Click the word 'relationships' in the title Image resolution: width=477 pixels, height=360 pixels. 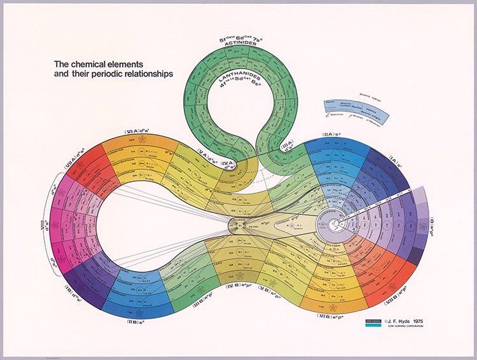[x=134, y=74]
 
